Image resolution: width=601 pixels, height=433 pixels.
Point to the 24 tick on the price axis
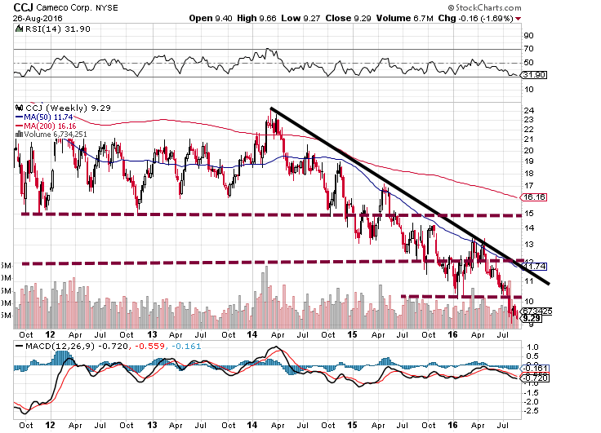(x=529, y=110)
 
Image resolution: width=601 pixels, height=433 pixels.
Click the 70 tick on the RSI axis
(x=529, y=50)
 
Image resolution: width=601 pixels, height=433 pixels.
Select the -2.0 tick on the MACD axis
(x=532, y=400)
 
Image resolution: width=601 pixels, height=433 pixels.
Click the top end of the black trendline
(x=271, y=108)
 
